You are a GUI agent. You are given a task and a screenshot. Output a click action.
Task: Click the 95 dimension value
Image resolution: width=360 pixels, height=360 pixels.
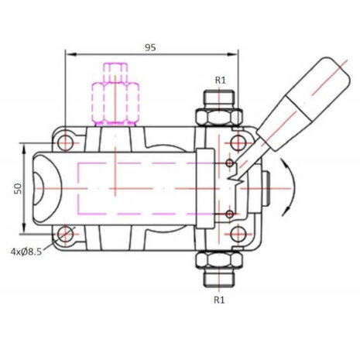pyautogui.click(x=150, y=47)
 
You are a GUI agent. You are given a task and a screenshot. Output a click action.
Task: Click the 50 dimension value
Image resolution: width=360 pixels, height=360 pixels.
pyautogui.click(x=19, y=188)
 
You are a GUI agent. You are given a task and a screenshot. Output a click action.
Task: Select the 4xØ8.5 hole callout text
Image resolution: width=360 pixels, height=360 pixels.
pyautogui.click(x=26, y=252)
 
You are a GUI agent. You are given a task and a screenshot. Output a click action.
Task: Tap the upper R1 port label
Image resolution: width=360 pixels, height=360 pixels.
pyautogui.click(x=221, y=81)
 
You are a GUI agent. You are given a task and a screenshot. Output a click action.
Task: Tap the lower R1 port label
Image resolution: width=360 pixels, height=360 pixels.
pyautogui.click(x=219, y=300)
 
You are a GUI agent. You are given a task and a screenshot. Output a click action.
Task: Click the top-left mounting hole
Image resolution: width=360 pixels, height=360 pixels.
pyautogui.click(x=65, y=142)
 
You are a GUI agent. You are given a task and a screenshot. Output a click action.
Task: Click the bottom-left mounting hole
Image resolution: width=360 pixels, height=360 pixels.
pyautogui.click(x=65, y=234)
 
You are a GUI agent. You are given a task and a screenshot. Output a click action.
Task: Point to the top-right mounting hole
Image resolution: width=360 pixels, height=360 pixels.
pyautogui.click(x=238, y=142)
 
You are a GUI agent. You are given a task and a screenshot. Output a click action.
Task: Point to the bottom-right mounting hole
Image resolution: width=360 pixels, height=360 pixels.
pyautogui.click(x=238, y=234)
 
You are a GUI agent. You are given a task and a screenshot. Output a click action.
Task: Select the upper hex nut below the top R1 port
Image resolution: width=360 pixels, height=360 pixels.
pyautogui.click(x=219, y=117)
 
